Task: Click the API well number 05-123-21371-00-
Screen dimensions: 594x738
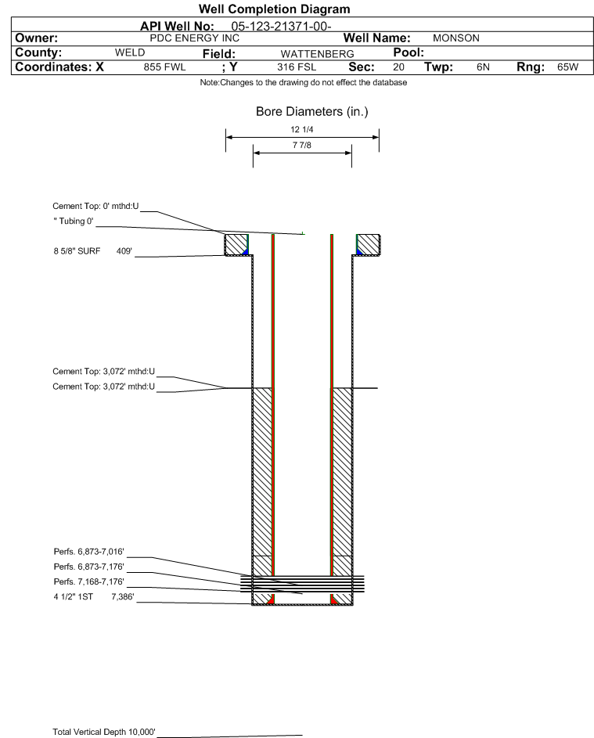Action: (281, 27)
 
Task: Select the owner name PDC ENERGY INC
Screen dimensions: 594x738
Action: (194, 38)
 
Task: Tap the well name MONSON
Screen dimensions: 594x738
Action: (456, 38)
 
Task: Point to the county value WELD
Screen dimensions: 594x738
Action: (130, 52)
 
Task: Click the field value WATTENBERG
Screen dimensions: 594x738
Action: (317, 54)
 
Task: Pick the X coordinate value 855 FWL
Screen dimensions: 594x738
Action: (164, 67)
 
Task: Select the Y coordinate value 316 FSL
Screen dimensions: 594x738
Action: (297, 67)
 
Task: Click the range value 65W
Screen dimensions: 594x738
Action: (567, 67)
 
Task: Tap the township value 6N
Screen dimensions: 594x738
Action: (483, 67)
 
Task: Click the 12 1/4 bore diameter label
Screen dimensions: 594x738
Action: (302, 129)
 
